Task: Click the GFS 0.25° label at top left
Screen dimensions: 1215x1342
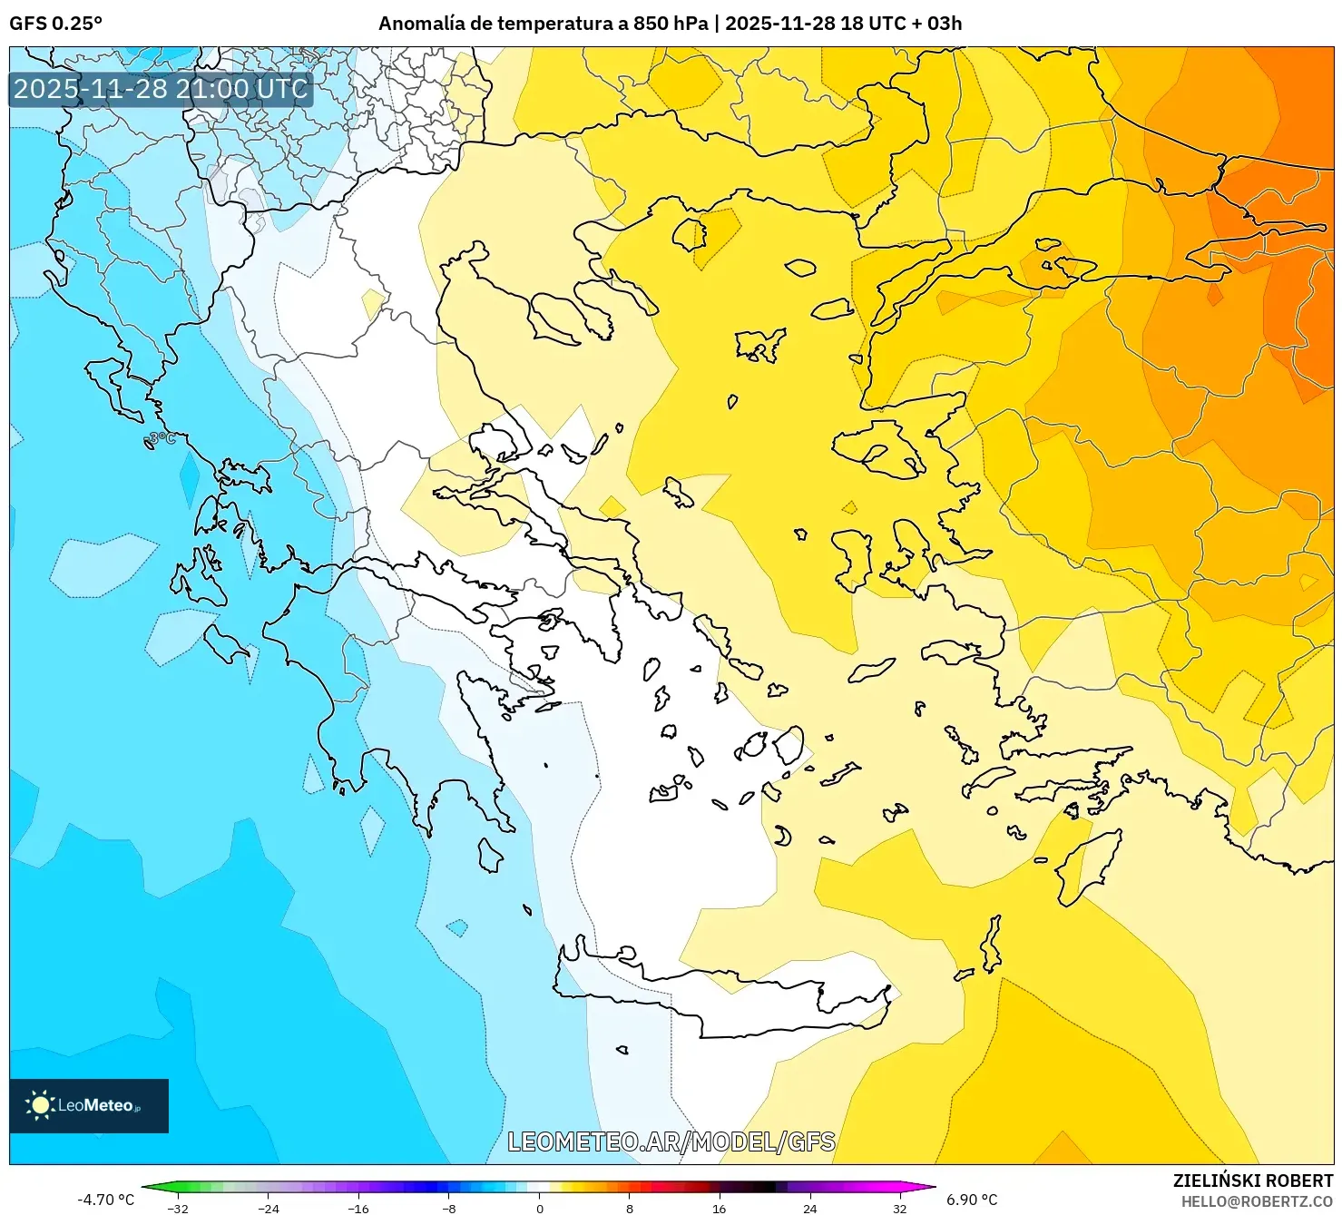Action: tap(55, 24)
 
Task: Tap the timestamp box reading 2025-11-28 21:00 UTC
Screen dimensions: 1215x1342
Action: tap(161, 89)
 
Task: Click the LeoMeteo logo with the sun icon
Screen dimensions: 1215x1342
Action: tap(88, 1105)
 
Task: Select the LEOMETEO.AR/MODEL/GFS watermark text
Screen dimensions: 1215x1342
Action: tap(671, 1142)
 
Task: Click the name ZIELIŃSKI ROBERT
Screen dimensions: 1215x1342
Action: tap(1253, 1181)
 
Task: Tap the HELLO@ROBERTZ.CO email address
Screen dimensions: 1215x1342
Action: tap(1257, 1200)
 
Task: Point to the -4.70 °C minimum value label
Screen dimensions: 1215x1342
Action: tap(105, 1200)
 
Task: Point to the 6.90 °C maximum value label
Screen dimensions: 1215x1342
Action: tap(972, 1200)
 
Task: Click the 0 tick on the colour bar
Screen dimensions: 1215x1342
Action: tap(540, 1208)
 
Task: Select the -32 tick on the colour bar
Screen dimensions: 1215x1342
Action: tap(179, 1208)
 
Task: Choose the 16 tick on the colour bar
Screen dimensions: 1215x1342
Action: tap(720, 1208)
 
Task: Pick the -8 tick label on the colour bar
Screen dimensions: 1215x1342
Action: tap(449, 1208)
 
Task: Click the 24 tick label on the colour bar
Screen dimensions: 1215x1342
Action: tap(809, 1208)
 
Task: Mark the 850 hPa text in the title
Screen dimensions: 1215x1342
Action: tap(671, 24)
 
